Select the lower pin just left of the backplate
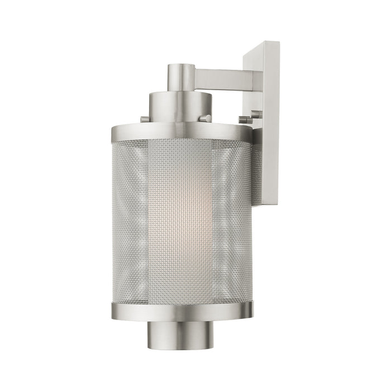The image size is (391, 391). tap(244, 120)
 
